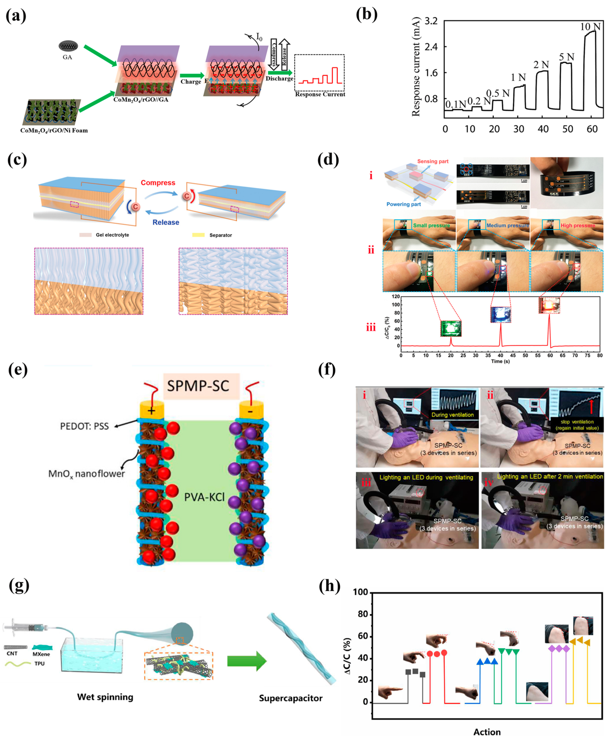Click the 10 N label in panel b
click(590, 27)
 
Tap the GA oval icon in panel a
click(68, 46)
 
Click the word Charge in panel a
click(191, 82)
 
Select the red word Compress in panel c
click(158, 183)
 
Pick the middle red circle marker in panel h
click(437, 654)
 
